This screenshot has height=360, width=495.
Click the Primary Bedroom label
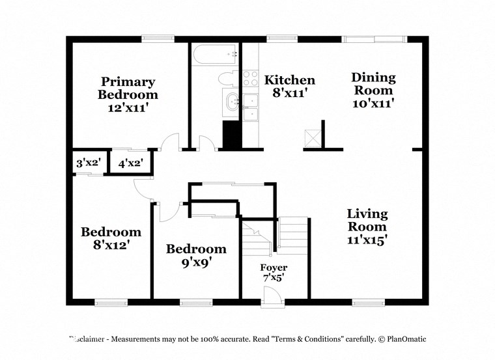(x=128, y=94)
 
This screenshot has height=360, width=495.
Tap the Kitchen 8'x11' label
(x=289, y=86)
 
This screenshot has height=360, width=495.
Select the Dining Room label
(x=373, y=90)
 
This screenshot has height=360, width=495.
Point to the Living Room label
(x=367, y=226)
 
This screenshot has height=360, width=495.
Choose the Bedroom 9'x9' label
(x=196, y=255)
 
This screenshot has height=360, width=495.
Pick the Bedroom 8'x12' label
(x=111, y=238)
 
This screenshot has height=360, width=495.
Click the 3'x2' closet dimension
(x=87, y=163)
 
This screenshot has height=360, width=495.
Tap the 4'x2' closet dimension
(x=130, y=163)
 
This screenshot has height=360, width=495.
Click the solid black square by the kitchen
(x=232, y=134)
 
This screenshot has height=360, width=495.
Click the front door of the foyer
(x=274, y=298)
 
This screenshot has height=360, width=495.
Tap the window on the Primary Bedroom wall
(x=159, y=39)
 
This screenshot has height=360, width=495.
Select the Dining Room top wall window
(x=376, y=39)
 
